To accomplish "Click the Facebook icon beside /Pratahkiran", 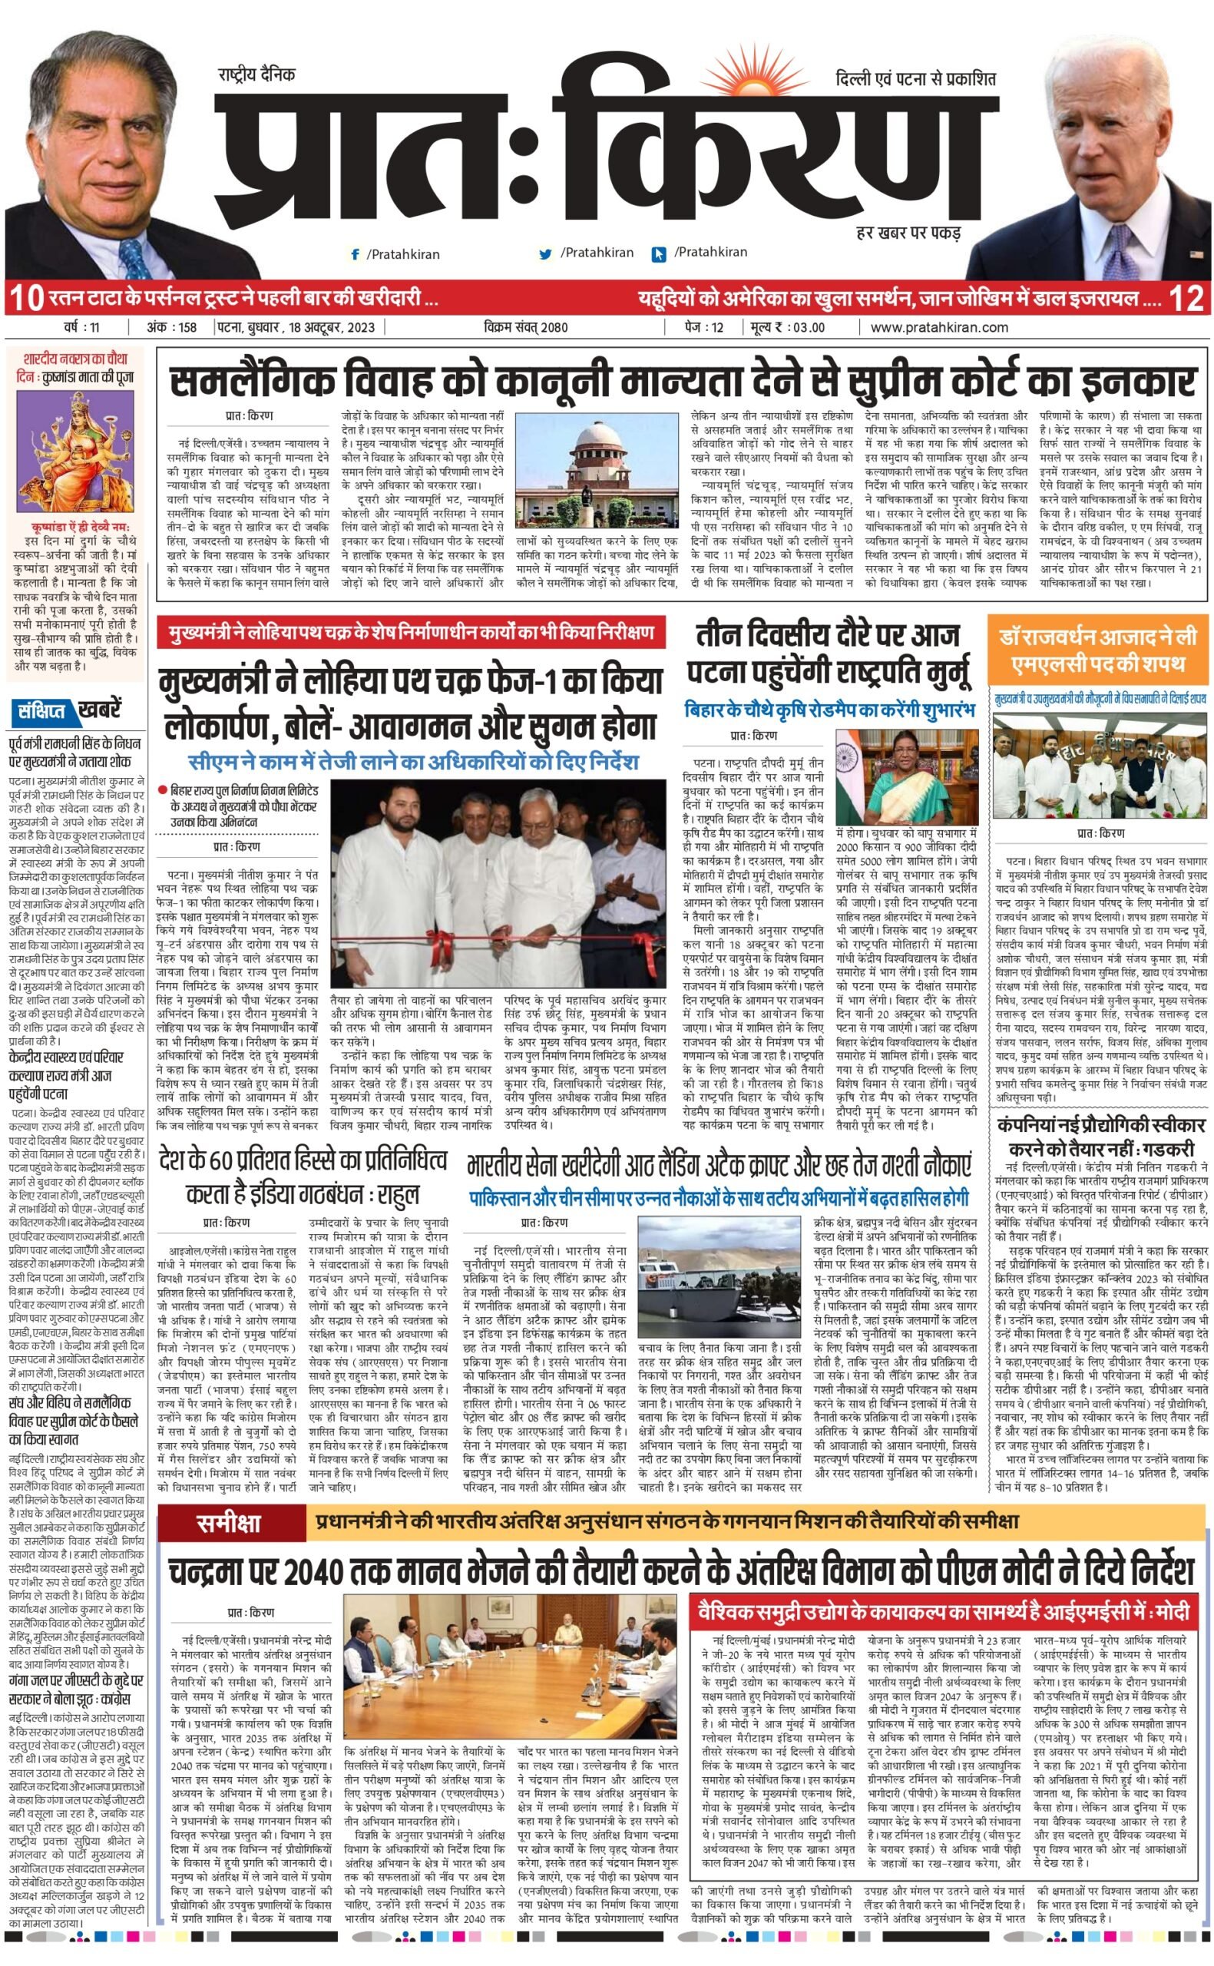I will coord(355,254).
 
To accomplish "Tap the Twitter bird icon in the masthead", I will coord(546,254).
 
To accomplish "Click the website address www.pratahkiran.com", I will coord(938,326).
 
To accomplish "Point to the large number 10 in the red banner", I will coord(24,299).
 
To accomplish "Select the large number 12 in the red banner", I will coord(1187,299).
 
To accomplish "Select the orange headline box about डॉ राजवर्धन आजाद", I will coord(1097,651).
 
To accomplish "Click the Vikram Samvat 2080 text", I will coord(526,326).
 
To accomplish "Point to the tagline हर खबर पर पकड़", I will coord(908,234).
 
